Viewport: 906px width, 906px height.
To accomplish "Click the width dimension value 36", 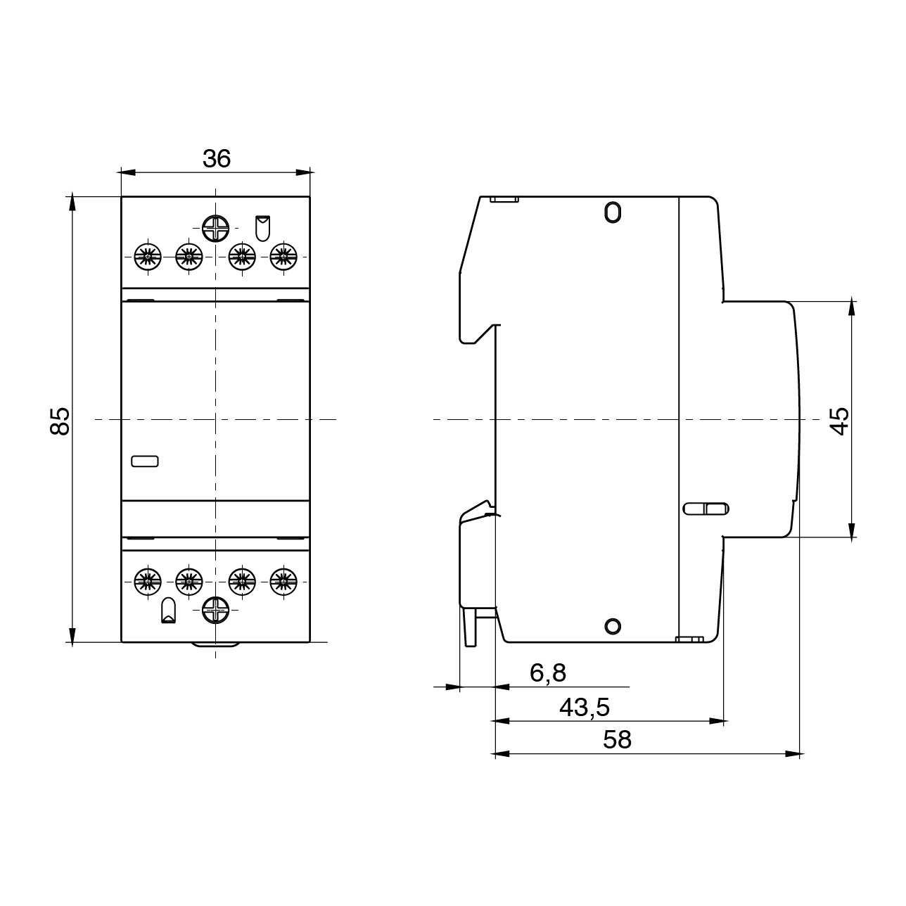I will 216,160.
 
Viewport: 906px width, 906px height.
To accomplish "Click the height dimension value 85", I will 62,420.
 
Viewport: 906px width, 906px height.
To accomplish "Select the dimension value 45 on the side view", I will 840,420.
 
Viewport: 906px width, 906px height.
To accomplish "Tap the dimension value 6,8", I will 547,674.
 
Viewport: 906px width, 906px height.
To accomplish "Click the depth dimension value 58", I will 618,740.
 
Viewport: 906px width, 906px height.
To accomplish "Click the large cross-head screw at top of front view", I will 215,229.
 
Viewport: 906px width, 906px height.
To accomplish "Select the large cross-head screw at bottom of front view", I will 215,611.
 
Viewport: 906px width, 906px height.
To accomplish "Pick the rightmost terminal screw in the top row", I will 283,257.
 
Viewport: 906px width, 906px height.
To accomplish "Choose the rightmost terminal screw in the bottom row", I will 283,581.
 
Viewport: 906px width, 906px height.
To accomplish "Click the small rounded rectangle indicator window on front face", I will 146,461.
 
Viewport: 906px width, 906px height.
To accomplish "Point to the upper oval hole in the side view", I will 613,212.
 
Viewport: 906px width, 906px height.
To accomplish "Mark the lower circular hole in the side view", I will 613,625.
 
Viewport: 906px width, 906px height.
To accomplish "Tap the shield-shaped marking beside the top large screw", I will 262,228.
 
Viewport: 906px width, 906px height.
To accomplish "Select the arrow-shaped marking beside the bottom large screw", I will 169,611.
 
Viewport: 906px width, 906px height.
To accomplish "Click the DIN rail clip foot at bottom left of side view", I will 471,626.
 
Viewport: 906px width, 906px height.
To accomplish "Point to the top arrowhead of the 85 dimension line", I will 72,203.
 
